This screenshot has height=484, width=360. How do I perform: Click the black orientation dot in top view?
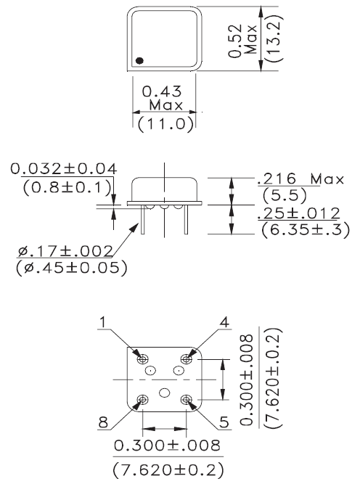pyautogui.click(x=139, y=60)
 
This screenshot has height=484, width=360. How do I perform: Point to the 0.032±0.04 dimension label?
pyautogui.click(x=65, y=169)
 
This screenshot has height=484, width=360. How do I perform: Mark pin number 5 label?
pyautogui.click(x=226, y=420)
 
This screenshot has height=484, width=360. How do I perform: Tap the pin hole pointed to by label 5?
pyautogui.click(x=189, y=398)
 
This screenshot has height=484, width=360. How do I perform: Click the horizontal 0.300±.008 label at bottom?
pyautogui.click(x=164, y=443)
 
